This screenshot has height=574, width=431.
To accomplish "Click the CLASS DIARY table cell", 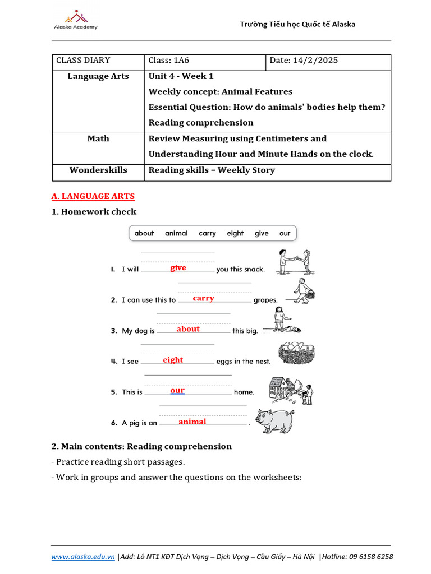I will (83, 61).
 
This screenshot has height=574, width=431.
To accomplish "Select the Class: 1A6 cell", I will (167, 61).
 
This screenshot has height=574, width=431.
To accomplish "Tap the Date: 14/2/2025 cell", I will (304, 61).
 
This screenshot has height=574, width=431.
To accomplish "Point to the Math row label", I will (98, 138).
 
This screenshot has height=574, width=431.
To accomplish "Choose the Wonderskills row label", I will (98, 170).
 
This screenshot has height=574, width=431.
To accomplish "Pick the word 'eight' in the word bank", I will (235, 233).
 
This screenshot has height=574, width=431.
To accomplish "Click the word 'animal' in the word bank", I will (176, 233).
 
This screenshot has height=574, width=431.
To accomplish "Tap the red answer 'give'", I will (178, 268).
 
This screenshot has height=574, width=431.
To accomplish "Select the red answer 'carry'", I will (203, 298).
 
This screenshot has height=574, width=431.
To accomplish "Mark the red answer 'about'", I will (188, 329).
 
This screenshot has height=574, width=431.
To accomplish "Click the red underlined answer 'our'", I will (177, 390).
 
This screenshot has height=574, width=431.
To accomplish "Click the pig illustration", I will (274, 420).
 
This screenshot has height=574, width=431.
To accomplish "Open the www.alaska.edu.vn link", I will (83, 557).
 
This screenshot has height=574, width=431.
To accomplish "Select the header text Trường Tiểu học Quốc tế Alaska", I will (297, 24).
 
